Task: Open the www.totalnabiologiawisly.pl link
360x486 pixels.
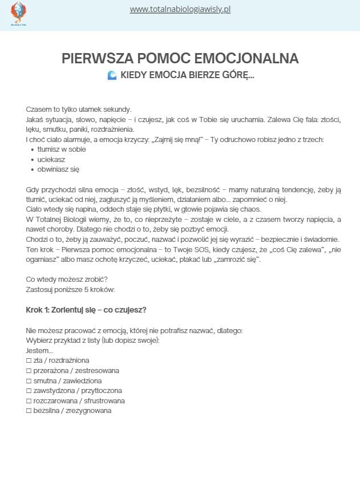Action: [x=180, y=10]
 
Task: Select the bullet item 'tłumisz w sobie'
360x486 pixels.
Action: [x=58, y=149]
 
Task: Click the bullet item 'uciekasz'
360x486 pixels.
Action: [x=52, y=159]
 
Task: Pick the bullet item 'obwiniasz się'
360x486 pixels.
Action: [x=58, y=169]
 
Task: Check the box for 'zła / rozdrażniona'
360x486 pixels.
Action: [x=29, y=361]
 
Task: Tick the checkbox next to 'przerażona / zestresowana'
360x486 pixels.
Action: [x=29, y=371]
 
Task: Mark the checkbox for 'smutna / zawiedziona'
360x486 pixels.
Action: [x=29, y=380]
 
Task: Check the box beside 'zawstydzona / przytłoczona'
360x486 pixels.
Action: [x=29, y=391]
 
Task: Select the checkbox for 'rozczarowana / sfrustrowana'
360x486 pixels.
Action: [x=29, y=400]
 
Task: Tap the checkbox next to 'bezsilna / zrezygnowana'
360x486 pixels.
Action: [x=29, y=411]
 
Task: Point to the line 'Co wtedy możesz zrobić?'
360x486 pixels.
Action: [x=67, y=280]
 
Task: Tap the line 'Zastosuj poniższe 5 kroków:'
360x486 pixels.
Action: [x=70, y=290]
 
